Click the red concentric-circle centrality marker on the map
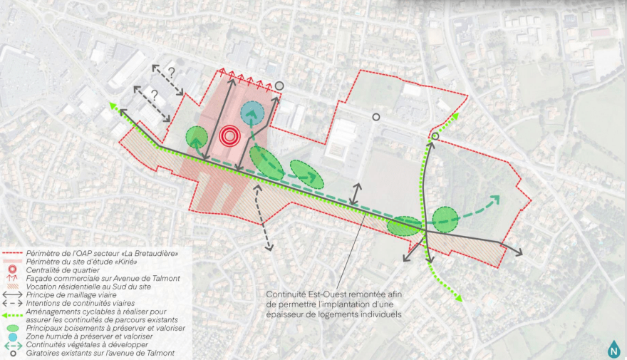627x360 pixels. point(229,136)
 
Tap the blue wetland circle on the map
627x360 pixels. point(252,112)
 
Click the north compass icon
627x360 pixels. point(613,347)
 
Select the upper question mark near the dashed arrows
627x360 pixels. point(172,71)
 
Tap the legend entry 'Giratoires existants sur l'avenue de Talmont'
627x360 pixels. point(99,353)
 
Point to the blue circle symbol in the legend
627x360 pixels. point(12,336)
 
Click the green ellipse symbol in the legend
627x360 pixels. point(12,328)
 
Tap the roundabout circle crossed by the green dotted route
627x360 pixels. point(435,136)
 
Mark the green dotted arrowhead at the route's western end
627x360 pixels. point(112,106)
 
